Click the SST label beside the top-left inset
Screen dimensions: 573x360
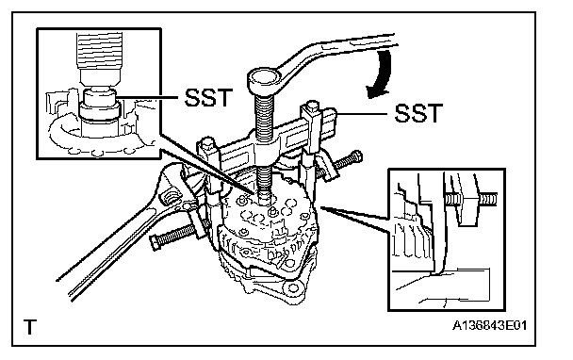coord(208,98)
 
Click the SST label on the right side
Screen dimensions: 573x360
coord(418,113)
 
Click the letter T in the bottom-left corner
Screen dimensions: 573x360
coord(30,327)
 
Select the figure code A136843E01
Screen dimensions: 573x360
coord(490,325)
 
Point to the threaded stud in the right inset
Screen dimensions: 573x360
coord(470,200)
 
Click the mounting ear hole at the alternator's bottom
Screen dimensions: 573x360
coord(292,288)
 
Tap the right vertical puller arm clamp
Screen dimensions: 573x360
coord(310,146)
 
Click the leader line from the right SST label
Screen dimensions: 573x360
coord(362,114)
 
